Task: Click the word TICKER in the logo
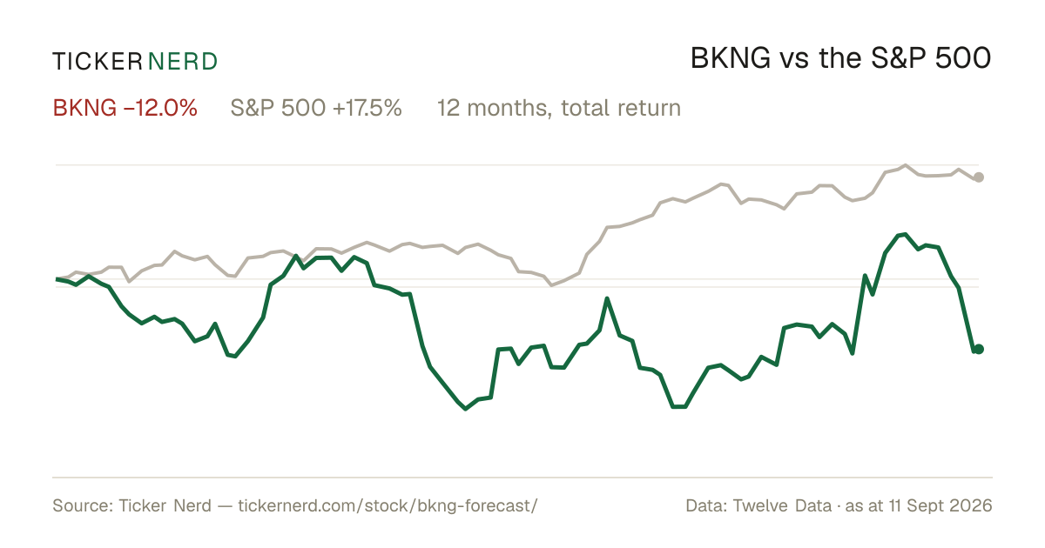coord(98,62)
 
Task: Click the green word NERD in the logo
coord(182,62)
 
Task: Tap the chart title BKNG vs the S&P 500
coord(840,59)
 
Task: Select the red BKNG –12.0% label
coord(125,108)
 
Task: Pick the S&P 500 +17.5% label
coord(316,108)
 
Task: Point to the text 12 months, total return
coord(559,108)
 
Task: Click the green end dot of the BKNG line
coord(979,349)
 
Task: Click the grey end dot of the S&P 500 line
coord(979,177)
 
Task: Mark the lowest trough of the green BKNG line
coord(465,409)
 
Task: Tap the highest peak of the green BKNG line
coord(905,234)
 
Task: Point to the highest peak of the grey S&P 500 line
coord(906,165)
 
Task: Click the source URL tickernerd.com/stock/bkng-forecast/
coord(388,505)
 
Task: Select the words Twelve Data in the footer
coord(782,505)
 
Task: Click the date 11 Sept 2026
coord(940,505)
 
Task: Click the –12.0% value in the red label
coord(160,108)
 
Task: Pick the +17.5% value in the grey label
coord(367,108)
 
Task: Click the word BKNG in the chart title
coord(730,59)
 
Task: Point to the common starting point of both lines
coord(57,279)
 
